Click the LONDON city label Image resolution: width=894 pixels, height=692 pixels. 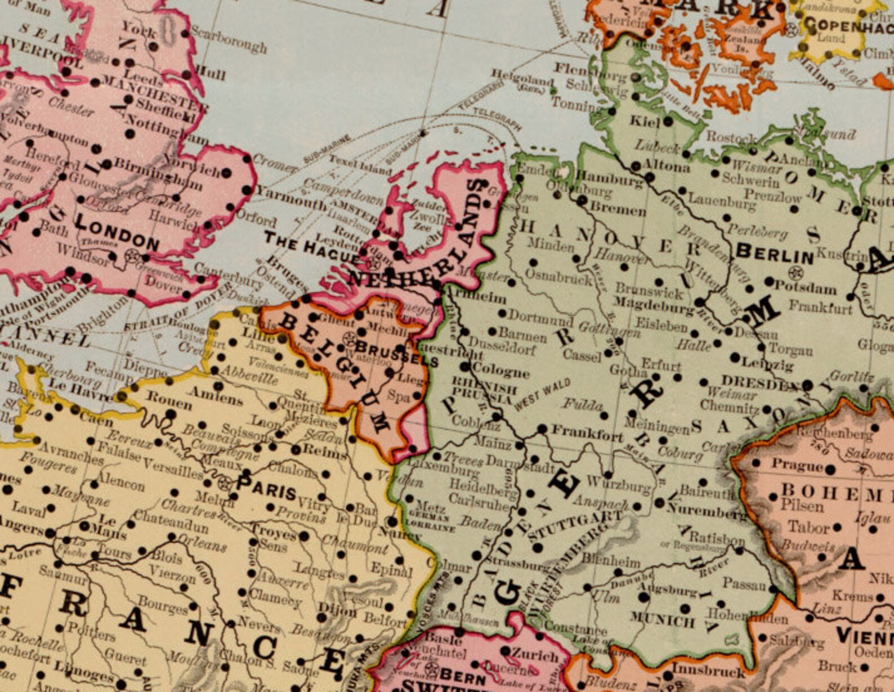tap(117, 234)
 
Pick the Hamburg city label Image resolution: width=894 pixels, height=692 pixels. tap(610, 180)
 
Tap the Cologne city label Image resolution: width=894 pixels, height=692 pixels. tap(501, 371)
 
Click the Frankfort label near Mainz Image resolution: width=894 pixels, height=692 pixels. tap(587, 434)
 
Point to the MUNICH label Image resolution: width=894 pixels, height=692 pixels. tap(662, 620)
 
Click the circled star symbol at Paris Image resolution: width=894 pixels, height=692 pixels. tap(225, 483)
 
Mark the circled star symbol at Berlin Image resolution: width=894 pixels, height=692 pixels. tap(795, 274)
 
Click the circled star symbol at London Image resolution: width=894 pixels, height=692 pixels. tap(133, 256)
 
